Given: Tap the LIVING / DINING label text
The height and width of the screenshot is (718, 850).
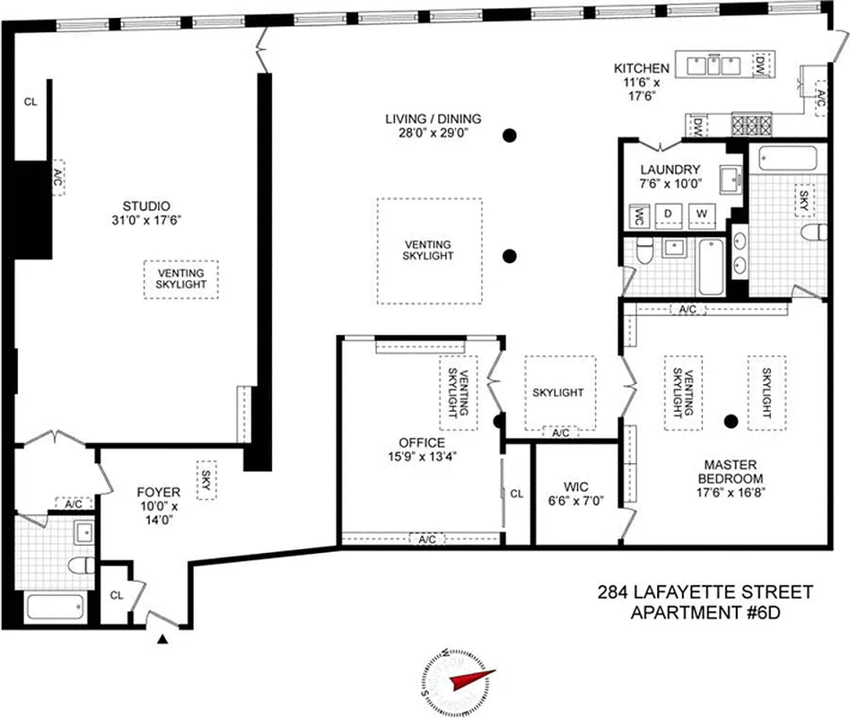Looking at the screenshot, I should click(x=434, y=118).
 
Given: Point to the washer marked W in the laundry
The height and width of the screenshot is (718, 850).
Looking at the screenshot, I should click(x=702, y=214).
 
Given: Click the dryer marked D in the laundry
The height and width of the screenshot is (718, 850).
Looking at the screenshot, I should click(x=668, y=214).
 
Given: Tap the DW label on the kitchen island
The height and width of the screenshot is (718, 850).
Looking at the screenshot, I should click(x=759, y=64).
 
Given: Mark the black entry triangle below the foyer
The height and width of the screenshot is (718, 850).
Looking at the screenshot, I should click(x=162, y=639).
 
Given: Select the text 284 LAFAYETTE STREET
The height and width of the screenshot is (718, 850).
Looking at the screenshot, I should click(x=705, y=592).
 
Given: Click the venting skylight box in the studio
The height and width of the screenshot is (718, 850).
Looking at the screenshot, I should click(x=180, y=279).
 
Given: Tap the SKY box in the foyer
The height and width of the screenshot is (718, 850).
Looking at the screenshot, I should click(x=206, y=476).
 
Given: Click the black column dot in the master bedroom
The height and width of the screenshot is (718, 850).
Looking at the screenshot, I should click(x=732, y=419).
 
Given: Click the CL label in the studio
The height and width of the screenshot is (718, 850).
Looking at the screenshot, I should click(x=31, y=101).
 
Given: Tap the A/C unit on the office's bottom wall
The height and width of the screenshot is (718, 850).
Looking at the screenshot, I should click(x=427, y=538).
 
